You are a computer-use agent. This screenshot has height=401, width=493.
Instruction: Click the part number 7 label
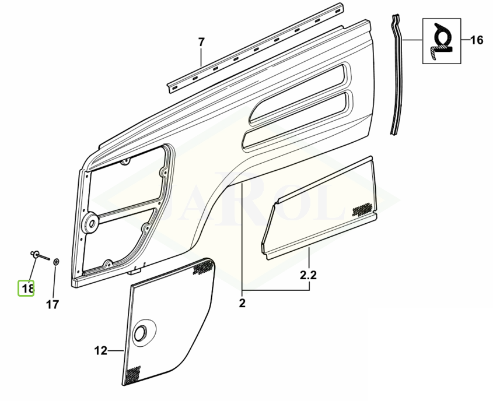point(201,42)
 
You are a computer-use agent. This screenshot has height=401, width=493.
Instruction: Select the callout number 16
point(477,40)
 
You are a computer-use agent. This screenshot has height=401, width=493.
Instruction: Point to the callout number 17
point(53,304)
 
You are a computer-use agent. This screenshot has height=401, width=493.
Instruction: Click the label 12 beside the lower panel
point(101,350)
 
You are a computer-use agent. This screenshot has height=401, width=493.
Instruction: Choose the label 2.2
point(308,275)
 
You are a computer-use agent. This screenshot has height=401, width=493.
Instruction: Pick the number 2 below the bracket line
point(242,303)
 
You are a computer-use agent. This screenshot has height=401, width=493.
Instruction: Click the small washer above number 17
point(56,261)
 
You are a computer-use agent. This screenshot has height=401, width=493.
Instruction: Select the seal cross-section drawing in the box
point(442,41)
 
